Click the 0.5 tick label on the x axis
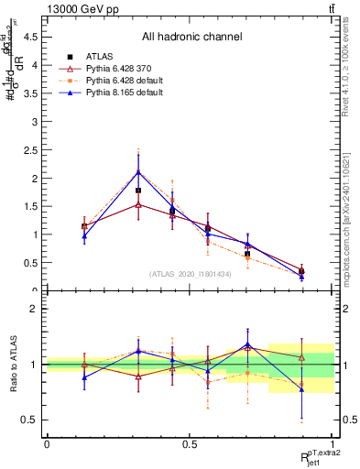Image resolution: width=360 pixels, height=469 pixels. (x=190, y=443)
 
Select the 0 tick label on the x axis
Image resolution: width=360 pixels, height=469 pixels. (x=47, y=443)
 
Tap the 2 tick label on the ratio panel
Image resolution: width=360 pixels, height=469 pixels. (x=38, y=309)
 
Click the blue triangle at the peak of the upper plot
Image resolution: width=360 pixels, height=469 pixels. (x=138, y=171)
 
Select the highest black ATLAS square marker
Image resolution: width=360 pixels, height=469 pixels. (x=138, y=191)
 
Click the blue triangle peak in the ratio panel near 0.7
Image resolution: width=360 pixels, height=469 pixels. (x=247, y=344)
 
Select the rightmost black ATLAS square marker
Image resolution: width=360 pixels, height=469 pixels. (x=301, y=271)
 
